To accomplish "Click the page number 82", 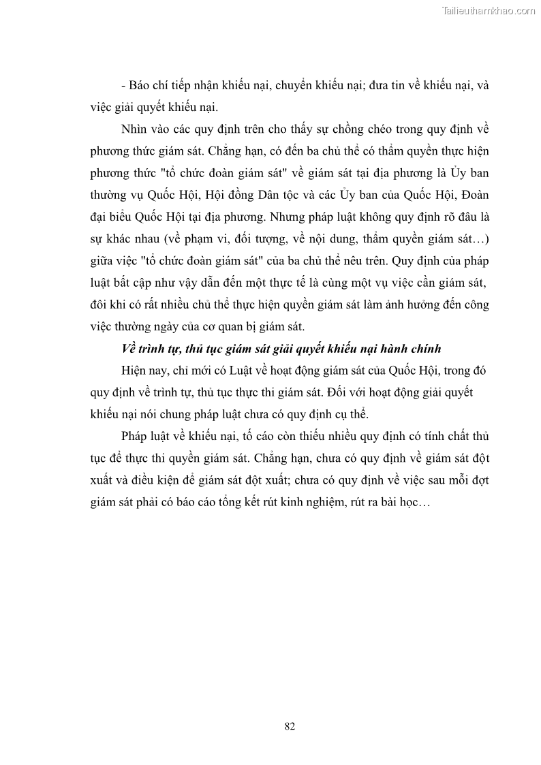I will [x=290, y=726].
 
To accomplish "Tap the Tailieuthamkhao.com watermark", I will [x=489, y=10].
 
